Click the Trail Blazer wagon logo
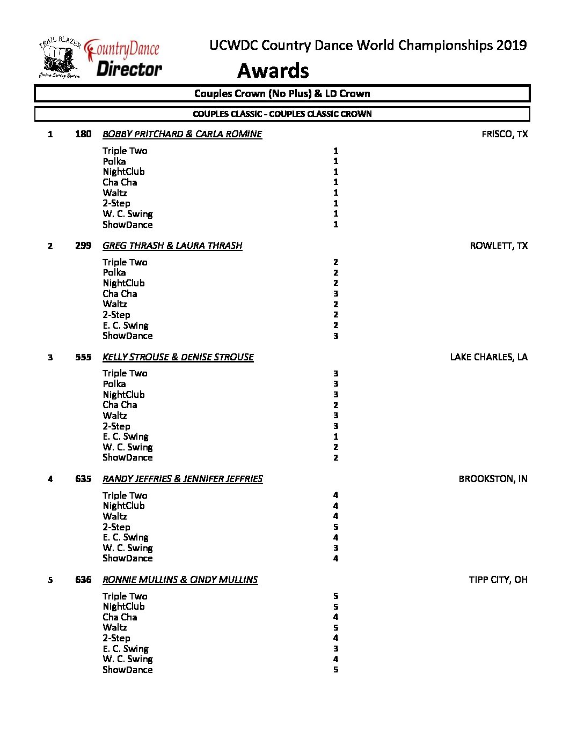pos(59,58)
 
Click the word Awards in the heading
pos(273,71)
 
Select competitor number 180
pos(83,134)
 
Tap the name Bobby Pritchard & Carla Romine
pos(182,134)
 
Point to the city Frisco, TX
pos(504,134)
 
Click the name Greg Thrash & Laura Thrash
pos(172,246)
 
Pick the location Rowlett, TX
pos(498,246)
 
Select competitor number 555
pos(83,357)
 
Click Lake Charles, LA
pos(488,357)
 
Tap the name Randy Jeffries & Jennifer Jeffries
pos(182,479)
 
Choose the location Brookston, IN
pos(493,479)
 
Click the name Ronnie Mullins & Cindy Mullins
pos(180,580)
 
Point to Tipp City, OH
pos(498,580)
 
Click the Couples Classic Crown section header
pos(282,114)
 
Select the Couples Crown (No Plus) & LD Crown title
pos(282,93)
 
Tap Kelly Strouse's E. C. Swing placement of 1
pos(335,436)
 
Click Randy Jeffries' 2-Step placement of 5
pos(335,527)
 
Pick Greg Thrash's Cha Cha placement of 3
pos(335,294)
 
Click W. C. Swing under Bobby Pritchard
pos(128,214)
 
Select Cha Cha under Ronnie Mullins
pos(120,617)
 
